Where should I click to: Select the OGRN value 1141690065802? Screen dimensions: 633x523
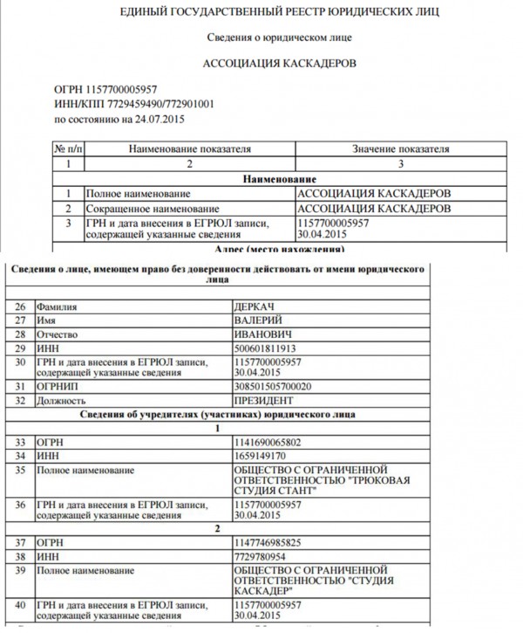[269, 443]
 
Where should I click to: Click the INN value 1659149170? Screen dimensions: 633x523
[261, 456]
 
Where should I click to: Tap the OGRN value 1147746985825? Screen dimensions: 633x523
[269, 541]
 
